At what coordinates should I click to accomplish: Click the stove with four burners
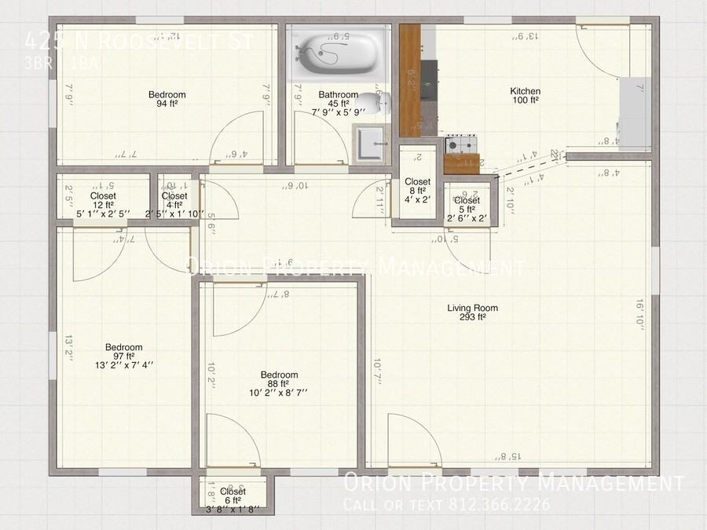click(x=462, y=144)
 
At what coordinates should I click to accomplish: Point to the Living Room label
click(x=473, y=308)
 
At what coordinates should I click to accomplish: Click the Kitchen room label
click(x=525, y=91)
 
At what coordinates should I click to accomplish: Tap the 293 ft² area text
click(x=473, y=318)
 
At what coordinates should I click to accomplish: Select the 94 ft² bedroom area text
click(x=167, y=104)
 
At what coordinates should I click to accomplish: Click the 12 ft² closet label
click(x=103, y=205)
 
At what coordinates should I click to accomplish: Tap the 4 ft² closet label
click(x=174, y=205)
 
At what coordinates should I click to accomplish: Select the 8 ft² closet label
click(x=417, y=191)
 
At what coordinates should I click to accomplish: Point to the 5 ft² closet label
click(x=467, y=210)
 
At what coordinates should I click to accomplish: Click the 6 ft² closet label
click(x=233, y=500)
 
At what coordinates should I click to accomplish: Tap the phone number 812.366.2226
click(x=512, y=505)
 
